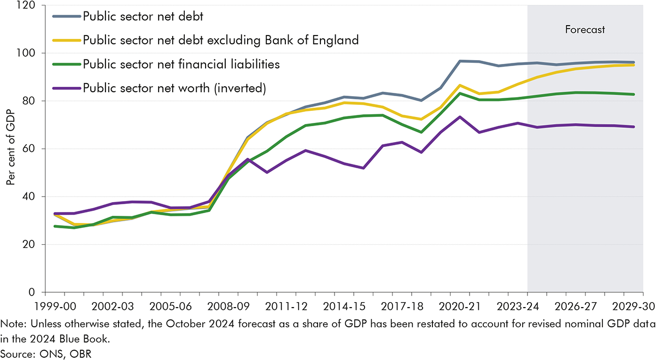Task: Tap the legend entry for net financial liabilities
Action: [x=181, y=64]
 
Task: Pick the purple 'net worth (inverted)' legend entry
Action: [x=174, y=88]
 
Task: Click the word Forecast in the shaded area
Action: [x=585, y=29]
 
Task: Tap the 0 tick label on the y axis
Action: [x=31, y=292]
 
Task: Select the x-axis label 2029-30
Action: [x=632, y=305]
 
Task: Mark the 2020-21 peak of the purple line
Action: [x=460, y=117]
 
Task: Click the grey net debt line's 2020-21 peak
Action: [x=460, y=61]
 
